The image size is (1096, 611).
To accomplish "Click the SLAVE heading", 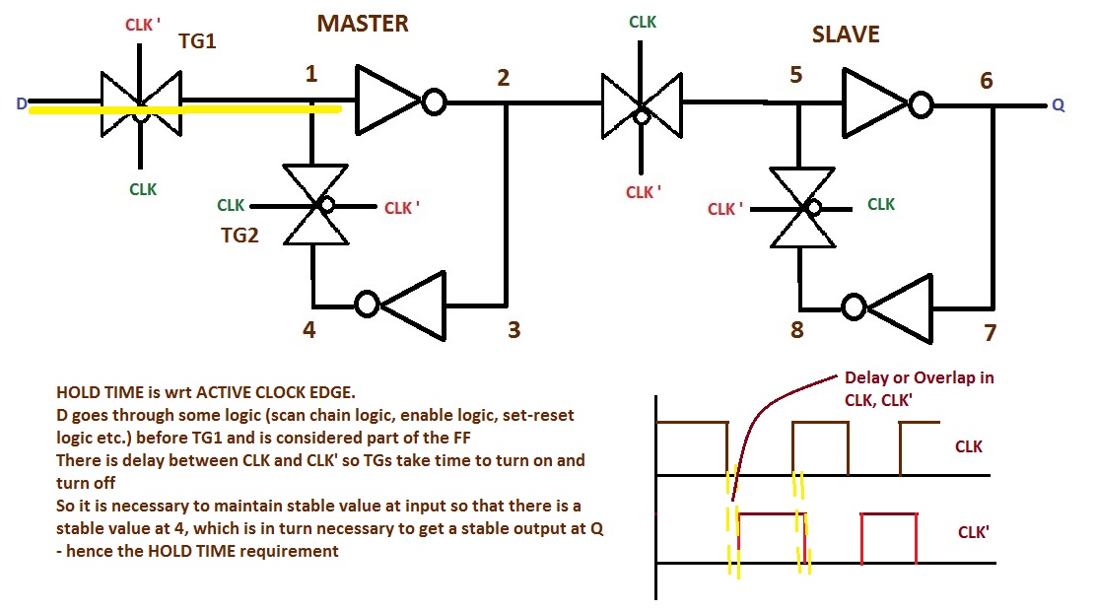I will point(846,34).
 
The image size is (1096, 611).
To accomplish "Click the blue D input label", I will point(21,102).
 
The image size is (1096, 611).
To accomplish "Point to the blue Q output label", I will point(1059,105).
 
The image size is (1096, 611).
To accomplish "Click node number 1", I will point(311,73).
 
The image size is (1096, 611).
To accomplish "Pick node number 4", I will point(308,329).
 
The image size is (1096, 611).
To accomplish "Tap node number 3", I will point(514,329).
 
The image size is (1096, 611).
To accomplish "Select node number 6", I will point(987,82).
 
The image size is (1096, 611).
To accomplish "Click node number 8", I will point(796,329).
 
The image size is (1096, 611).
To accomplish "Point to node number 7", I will point(991,332).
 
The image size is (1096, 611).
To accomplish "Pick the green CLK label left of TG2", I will point(231,205).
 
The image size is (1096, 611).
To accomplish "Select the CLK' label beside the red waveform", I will point(974,532).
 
